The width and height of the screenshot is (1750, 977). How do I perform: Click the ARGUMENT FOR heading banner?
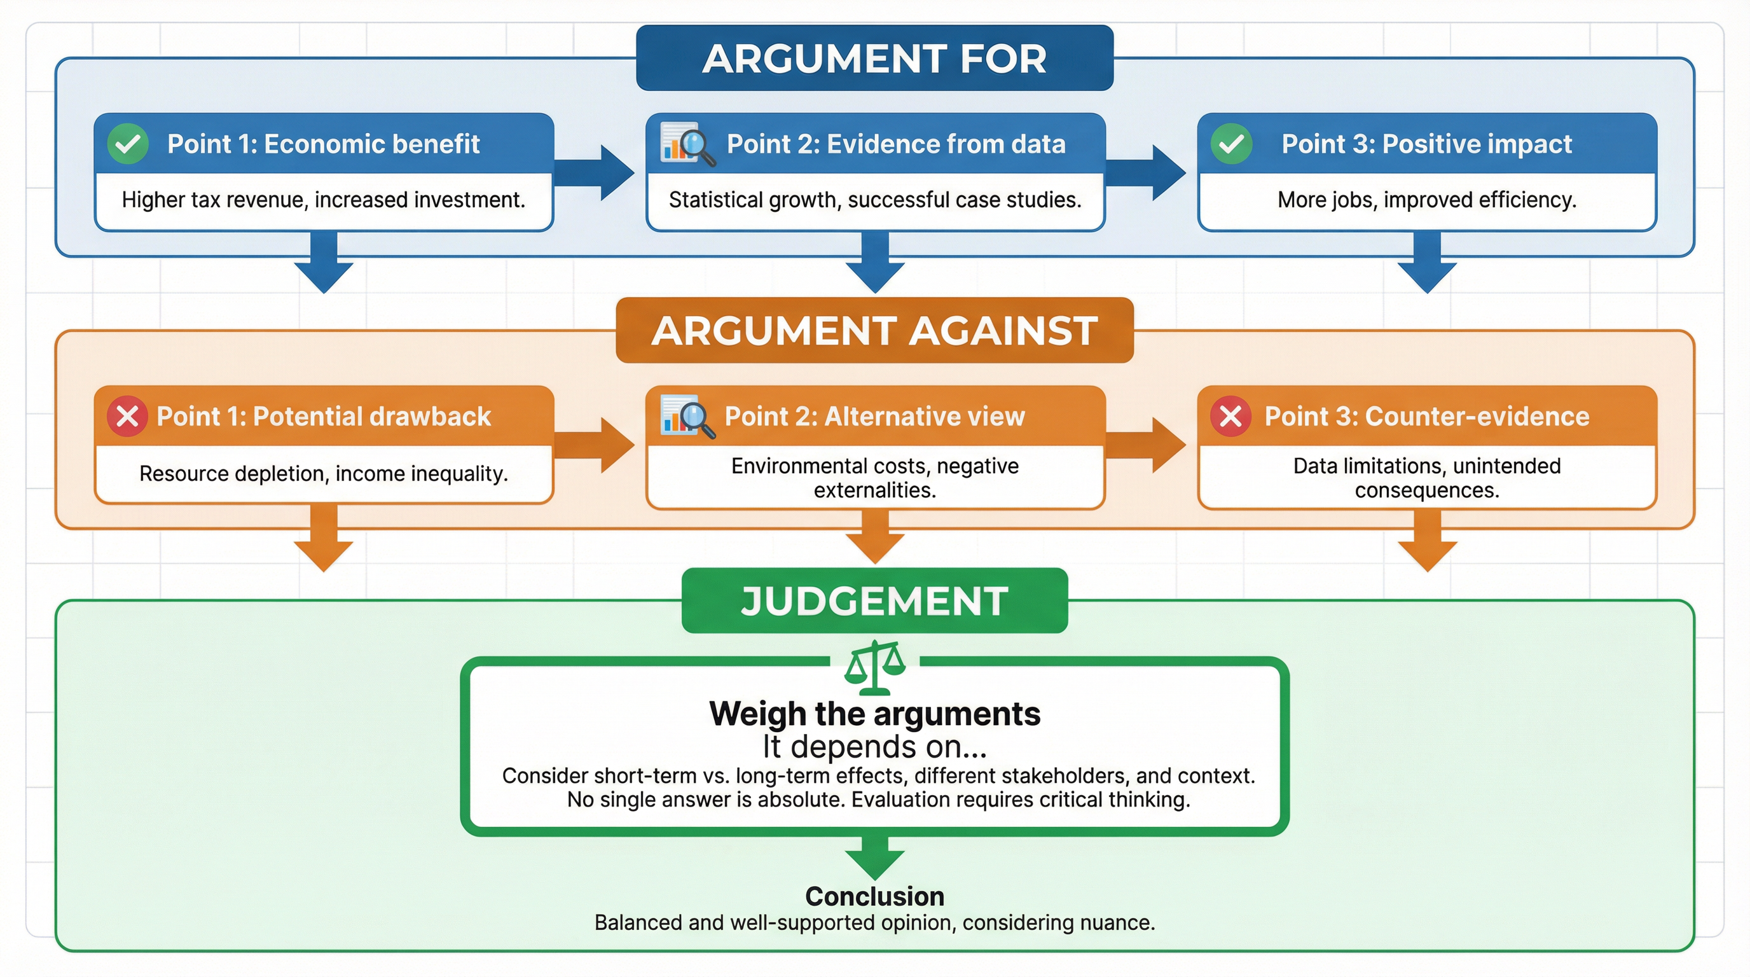pos(874,59)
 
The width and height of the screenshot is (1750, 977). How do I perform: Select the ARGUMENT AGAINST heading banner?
pos(874,330)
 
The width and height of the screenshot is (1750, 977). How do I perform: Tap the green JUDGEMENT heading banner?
pos(874,600)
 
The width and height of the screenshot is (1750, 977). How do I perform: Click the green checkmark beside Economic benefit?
pos(128,144)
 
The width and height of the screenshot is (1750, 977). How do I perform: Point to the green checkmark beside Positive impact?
pos(1231,144)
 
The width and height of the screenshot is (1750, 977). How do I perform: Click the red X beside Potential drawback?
pos(128,416)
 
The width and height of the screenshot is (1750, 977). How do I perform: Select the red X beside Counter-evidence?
pos(1231,416)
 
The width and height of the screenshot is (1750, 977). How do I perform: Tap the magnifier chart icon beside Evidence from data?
pos(687,144)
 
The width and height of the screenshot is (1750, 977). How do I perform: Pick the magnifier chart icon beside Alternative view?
pos(687,416)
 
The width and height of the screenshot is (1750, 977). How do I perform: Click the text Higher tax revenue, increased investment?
pos(324,200)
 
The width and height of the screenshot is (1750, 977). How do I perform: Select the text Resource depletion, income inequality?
pos(324,474)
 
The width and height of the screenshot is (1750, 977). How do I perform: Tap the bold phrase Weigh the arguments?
pos(874,714)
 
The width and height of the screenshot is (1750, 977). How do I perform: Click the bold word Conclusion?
pos(874,897)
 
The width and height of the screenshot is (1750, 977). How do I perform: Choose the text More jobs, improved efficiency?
pos(1426,200)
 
